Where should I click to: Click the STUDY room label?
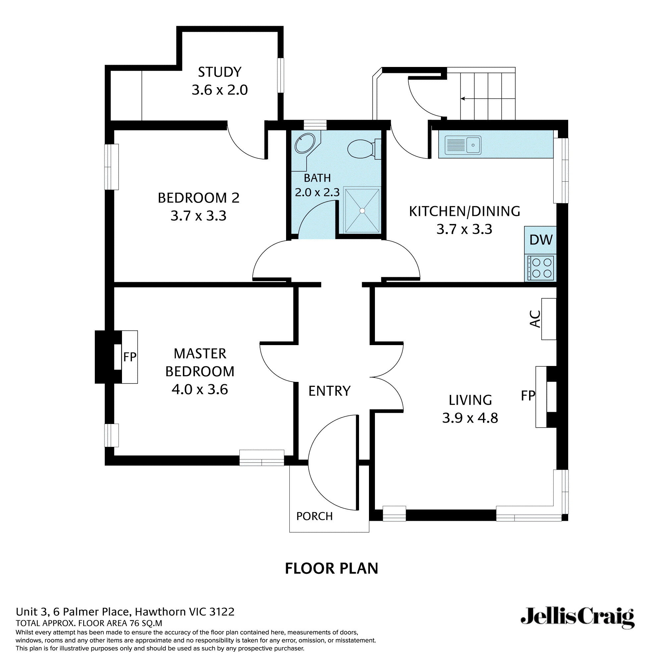[x=220, y=72]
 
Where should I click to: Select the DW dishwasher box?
[x=540, y=240]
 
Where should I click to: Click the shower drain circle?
[x=362, y=211]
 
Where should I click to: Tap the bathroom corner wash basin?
[x=305, y=144]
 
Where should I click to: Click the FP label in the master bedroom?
[x=130, y=357]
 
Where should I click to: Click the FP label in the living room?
[x=528, y=396]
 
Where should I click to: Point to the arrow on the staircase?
[x=462, y=98]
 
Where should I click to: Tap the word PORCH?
[x=314, y=516]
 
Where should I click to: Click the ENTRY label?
[x=330, y=391]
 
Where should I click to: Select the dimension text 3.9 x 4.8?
[x=470, y=418]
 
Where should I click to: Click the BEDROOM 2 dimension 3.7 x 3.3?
[x=198, y=216]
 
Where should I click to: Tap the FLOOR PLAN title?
[x=331, y=568]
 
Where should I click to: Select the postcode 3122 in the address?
[x=222, y=612]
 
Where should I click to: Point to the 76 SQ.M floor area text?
[x=146, y=623]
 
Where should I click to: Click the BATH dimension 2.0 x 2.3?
[x=317, y=192]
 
